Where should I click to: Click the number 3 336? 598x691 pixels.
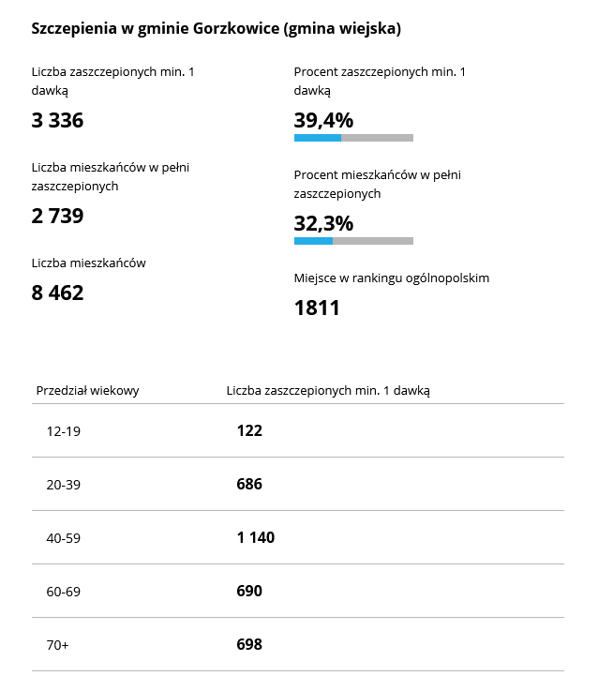click(57, 120)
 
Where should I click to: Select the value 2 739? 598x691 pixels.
click(57, 216)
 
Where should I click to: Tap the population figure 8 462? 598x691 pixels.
click(57, 293)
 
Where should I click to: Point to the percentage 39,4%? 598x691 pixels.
click(323, 120)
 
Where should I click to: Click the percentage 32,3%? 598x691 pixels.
click(323, 223)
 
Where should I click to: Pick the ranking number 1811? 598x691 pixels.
click(317, 308)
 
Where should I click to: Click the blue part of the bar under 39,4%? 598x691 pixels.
click(317, 138)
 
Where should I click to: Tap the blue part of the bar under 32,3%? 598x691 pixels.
click(313, 241)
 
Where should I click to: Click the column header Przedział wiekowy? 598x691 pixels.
click(87, 390)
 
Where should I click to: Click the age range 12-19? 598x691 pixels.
click(63, 431)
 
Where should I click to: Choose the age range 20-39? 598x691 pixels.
click(63, 485)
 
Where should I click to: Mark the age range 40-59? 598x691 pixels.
click(63, 538)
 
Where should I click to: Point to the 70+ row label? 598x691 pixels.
click(58, 645)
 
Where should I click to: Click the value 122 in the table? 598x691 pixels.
click(249, 431)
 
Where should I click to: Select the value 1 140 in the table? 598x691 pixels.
click(255, 538)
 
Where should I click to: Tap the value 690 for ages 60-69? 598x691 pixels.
click(249, 592)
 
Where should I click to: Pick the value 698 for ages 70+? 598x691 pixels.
click(249, 645)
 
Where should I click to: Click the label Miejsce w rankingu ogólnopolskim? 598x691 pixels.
click(392, 278)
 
